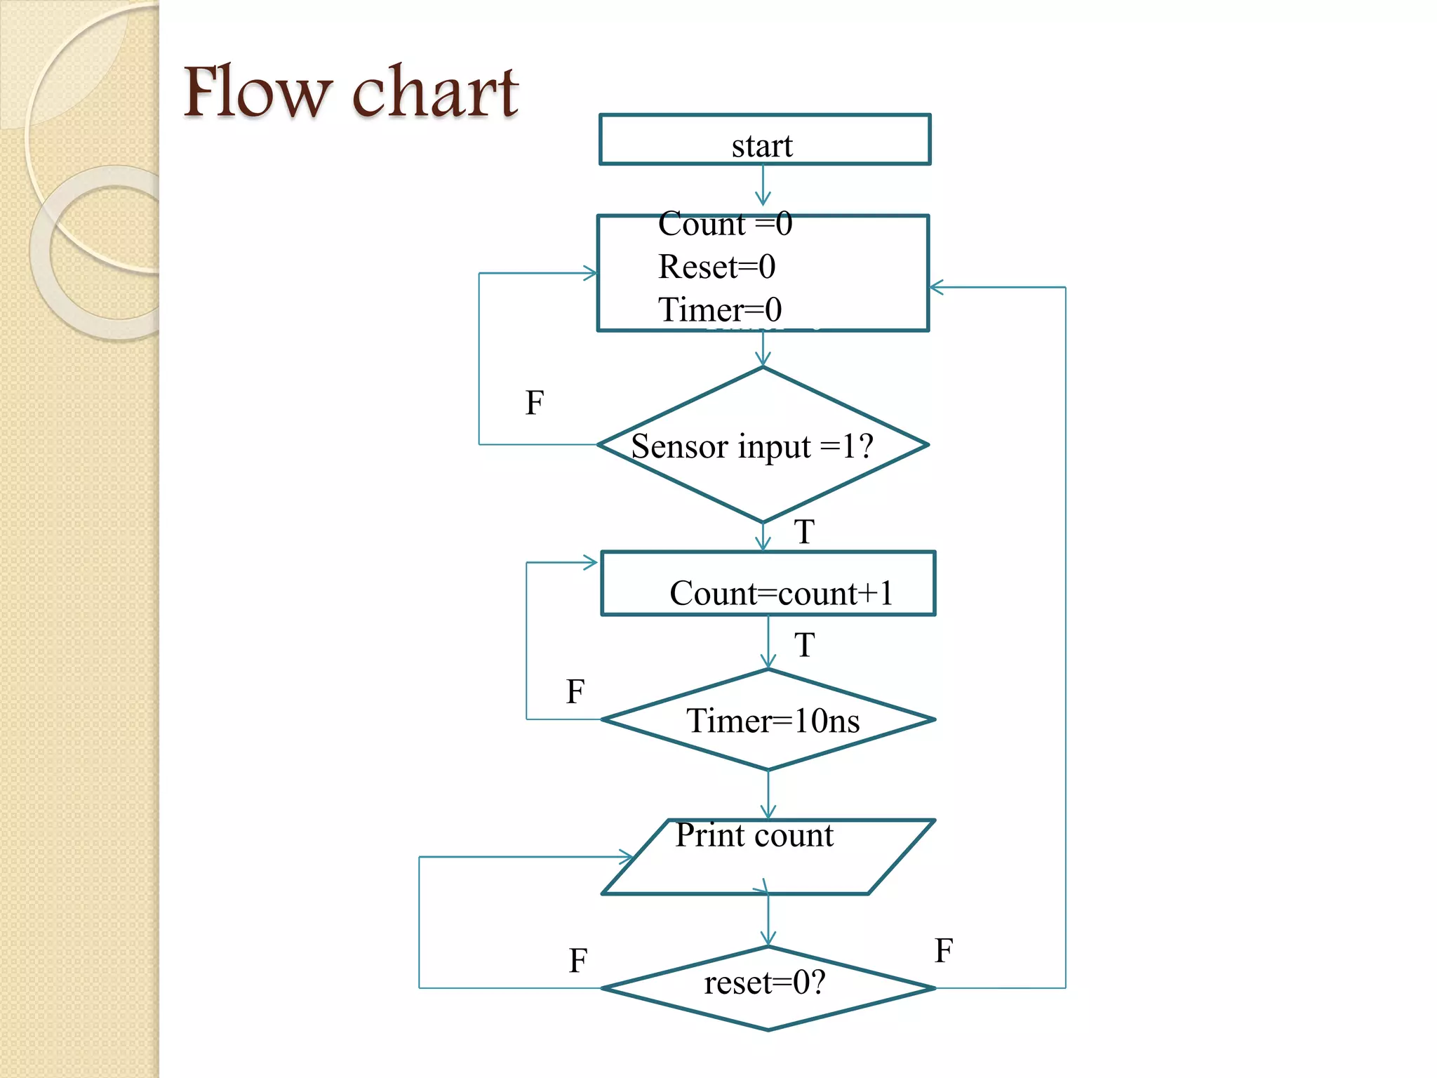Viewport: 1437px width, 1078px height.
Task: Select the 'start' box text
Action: [762, 146]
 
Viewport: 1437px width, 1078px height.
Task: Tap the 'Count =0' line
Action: [725, 225]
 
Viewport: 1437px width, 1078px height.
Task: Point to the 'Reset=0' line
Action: [716, 267]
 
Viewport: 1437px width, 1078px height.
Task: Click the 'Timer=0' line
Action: [720, 310]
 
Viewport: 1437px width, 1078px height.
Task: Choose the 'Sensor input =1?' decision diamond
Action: [763, 445]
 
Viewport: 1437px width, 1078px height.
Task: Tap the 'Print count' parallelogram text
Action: [754, 835]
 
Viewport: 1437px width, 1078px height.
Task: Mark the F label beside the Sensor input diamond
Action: [535, 403]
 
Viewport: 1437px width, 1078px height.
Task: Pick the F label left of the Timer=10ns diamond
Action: [575, 691]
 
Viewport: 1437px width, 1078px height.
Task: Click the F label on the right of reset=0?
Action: [944, 951]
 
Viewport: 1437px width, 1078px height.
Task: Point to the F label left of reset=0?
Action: [578, 961]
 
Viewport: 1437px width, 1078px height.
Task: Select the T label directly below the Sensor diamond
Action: [804, 531]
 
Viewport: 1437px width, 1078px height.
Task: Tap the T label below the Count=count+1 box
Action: [804, 644]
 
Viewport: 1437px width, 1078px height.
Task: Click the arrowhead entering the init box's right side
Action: [937, 287]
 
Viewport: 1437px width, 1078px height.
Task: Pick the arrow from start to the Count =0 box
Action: [763, 187]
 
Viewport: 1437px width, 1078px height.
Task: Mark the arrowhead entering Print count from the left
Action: [626, 857]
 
